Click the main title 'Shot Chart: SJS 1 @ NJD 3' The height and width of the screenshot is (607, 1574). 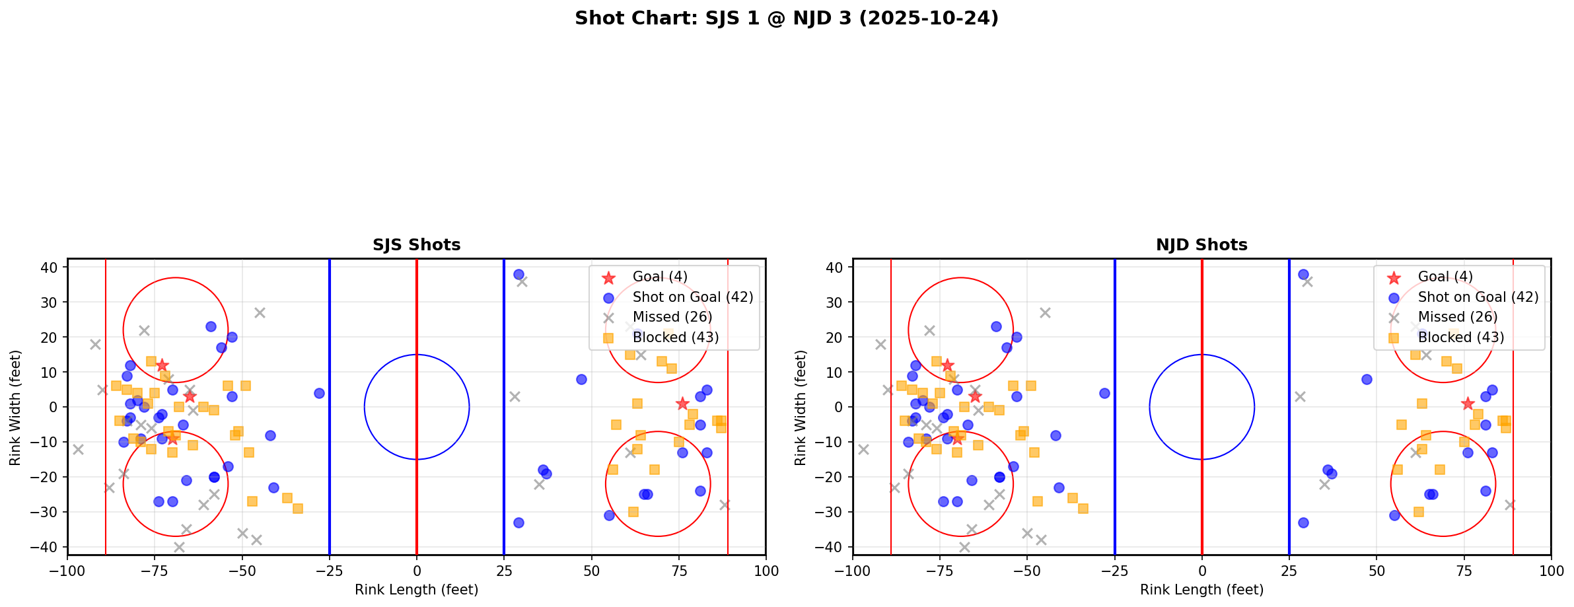pos(786,18)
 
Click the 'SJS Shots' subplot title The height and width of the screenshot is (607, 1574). pos(416,245)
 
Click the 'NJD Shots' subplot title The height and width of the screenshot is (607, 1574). pos(1201,245)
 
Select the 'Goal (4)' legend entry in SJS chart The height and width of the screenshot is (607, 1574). pos(659,277)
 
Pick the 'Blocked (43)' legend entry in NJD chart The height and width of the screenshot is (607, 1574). pos(1460,338)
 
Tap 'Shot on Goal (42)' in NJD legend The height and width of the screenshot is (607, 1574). pos(1478,297)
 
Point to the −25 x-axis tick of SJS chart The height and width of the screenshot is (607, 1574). pos(330,570)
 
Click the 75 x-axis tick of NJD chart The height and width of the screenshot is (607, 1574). pos(1464,570)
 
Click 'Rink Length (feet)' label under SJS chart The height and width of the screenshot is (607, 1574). pos(416,590)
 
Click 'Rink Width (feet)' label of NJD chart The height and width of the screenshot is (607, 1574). pos(801,408)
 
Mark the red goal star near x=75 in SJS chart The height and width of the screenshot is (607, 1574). pos(682,404)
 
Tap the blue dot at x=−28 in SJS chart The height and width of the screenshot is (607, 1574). pos(319,393)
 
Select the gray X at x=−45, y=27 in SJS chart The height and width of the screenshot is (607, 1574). pos(260,312)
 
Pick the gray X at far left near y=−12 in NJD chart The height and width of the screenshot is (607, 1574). pos(863,449)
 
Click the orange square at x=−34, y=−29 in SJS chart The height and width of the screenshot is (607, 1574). pos(298,509)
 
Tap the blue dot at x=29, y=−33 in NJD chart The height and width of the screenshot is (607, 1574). pos(1303,522)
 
